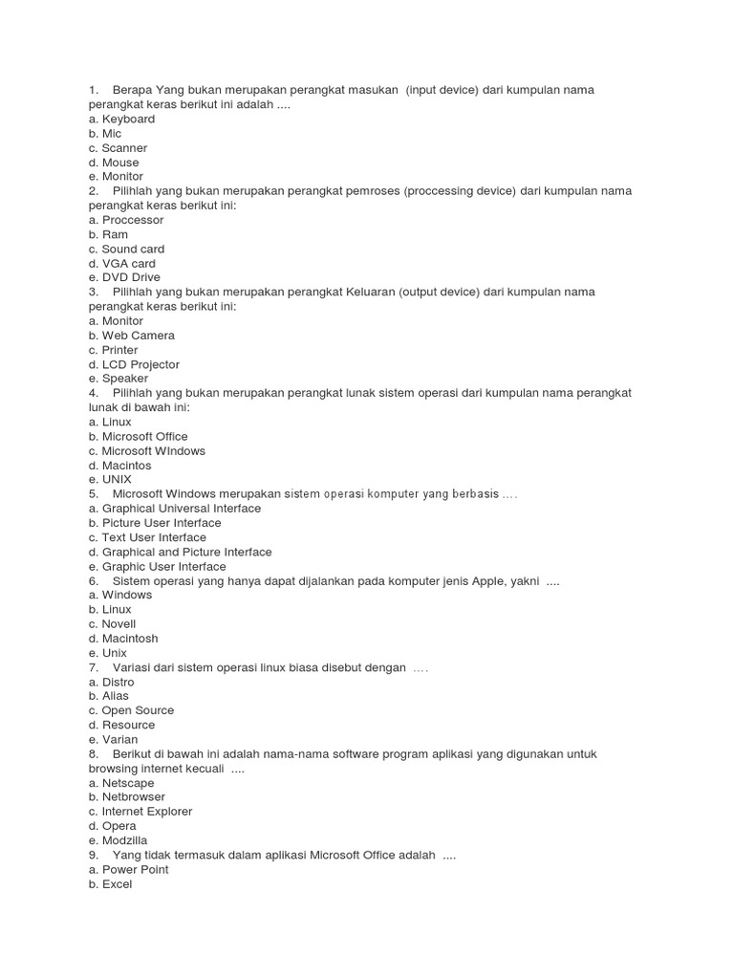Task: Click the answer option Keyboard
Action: coord(121,120)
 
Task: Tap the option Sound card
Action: coord(126,250)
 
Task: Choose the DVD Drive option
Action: coord(124,278)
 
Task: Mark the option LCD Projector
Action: coord(134,364)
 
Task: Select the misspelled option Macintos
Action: coord(122,466)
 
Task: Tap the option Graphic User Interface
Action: coord(157,566)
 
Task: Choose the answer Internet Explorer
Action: coord(140,812)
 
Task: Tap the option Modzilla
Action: coord(119,840)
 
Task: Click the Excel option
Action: coord(110,884)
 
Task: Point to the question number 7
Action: coord(93,667)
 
